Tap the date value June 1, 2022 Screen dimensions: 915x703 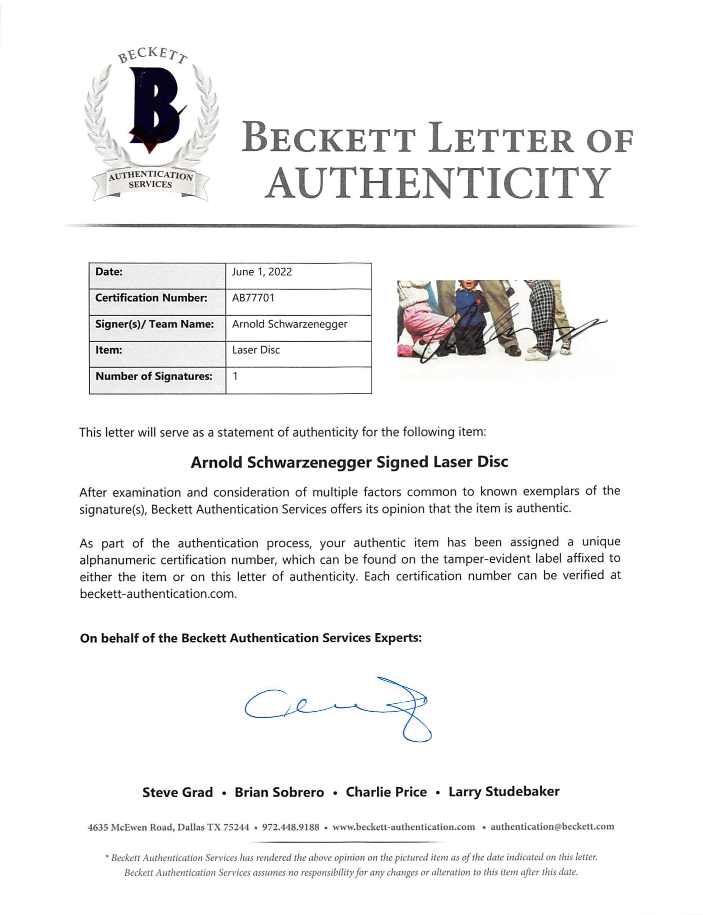click(x=262, y=272)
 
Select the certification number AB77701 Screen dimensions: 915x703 click(x=253, y=298)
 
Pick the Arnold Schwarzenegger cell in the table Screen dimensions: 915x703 click(x=289, y=324)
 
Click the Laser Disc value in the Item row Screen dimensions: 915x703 click(x=256, y=350)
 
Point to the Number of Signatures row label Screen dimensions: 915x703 click(x=154, y=376)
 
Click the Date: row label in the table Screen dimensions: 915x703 click(x=109, y=272)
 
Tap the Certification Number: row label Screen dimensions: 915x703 click(x=151, y=298)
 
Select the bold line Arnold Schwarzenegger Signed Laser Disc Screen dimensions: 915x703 click(x=349, y=462)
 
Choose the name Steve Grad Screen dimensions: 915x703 click(x=177, y=792)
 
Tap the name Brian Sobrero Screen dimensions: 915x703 click(x=279, y=792)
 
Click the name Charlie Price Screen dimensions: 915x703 click(x=386, y=792)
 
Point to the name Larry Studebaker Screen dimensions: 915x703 click(x=504, y=792)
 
